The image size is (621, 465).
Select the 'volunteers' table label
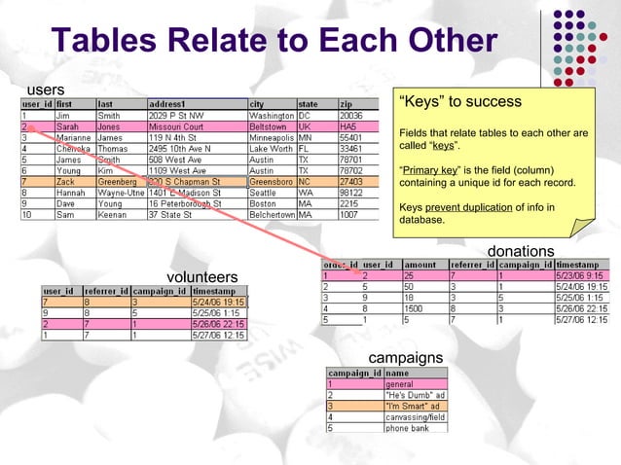pyautogui.click(x=202, y=277)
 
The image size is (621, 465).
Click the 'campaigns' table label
pyautogui.click(x=406, y=358)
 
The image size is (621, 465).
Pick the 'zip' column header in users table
pyautogui.click(x=347, y=104)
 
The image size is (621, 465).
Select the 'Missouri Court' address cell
pyautogui.click(x=175, y=126)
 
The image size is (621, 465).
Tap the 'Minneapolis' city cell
pyautogui.click(x=272, y=137)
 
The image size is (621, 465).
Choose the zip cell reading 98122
pyautogui.click(x=352, y=193)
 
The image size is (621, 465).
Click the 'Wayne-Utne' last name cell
pyautogui.click(x=120, y=193)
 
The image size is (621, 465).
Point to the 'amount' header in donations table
pyautogui.click(x=420, y=264)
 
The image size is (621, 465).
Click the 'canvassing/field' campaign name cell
pyautogui.click(x=416, y=416)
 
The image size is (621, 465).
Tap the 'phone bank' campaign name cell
pyautogui.click(x=408, y=427)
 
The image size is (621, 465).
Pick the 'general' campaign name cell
pyautogui.click(x=399, y=383)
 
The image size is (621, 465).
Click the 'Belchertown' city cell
pyautogui.click(x=272, y=214)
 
